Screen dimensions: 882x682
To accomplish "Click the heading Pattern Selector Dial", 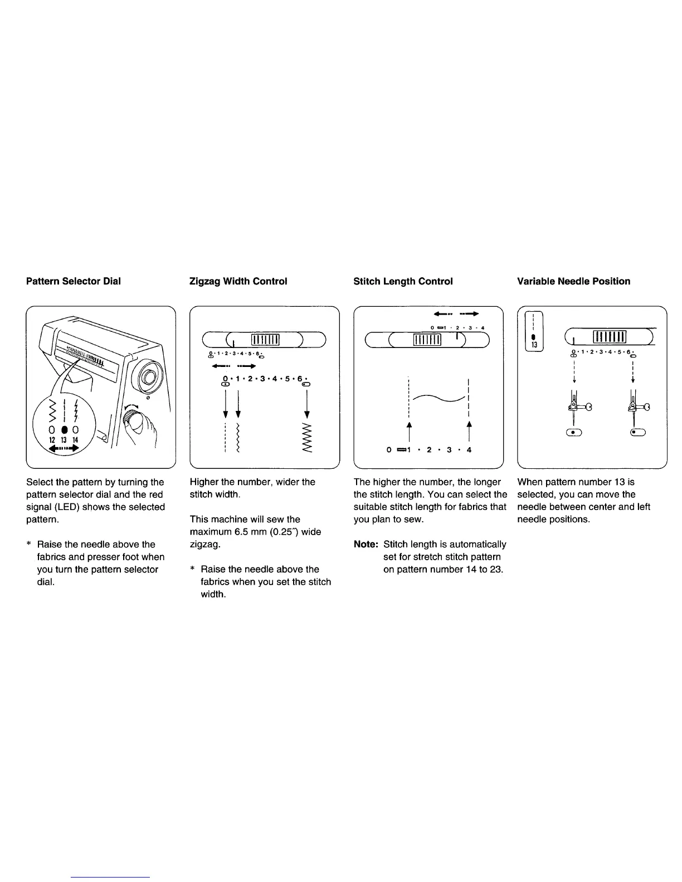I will click(x=73, y=281).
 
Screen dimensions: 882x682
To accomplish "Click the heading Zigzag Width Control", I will click(x=238, y=281).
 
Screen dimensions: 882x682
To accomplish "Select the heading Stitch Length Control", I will click(x=403, y=281).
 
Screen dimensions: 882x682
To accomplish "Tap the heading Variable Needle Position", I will click(x=573, y=281).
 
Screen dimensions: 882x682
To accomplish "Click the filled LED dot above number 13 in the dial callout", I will click(x=65, y=429).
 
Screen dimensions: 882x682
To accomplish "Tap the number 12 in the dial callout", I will click(x=52, y=440).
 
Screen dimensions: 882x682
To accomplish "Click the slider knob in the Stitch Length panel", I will click(x=427, y=339).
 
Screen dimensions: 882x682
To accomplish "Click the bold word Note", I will click(x=366, y=545).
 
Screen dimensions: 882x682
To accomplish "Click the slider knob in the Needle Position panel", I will click(x=610, y=337).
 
